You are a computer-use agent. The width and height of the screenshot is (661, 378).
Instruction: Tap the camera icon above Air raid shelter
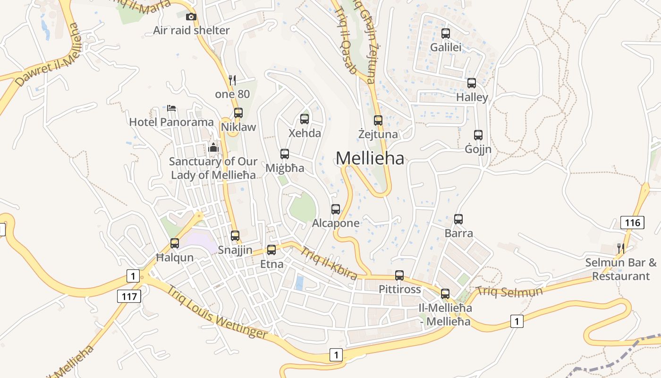point(191,17)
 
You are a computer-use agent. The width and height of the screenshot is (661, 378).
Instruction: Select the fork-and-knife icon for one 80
point(232,80)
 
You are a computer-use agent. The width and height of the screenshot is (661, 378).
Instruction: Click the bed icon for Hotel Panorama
point(171,108)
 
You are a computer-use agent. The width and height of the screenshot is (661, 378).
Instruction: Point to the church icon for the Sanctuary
point(213,147)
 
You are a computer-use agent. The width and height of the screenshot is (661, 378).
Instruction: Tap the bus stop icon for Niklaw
point(238,113)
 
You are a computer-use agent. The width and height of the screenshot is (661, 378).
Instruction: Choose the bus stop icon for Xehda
point(305,119)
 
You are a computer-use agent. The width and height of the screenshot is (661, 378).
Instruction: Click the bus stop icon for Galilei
point(445,34)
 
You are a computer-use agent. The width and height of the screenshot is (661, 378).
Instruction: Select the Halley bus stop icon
point(472,83)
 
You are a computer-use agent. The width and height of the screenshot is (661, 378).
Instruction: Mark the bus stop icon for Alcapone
point(336,209)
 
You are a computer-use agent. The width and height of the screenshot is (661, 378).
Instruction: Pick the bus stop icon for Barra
point(458,219)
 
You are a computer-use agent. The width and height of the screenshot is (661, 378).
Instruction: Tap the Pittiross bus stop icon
point(399,275)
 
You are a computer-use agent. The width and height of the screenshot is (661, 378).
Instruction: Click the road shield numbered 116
point(632,223)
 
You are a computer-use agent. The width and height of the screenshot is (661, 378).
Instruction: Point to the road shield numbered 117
point(128,296)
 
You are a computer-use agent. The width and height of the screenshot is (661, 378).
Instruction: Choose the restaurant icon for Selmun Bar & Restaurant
point(621,248)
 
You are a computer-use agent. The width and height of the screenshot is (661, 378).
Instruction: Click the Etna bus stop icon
point(271,250)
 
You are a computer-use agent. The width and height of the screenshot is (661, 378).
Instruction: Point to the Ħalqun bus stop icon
point(175,243)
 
